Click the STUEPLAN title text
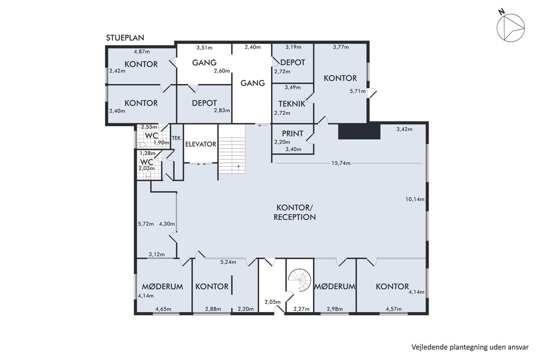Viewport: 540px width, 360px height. pyautogui.click(x=125, y=37)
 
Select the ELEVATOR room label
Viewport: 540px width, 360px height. pyautogui.click(x=201, y=144)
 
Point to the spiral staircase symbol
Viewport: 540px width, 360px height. pyautogui.click(x=300, y=280)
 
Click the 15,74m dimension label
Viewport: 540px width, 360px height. pyautogui.click(x=341, y=163)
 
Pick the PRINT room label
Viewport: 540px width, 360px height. pyautogui.click(x=292, y=134)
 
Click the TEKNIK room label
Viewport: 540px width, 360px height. pyautogui.click(x=292, y=104)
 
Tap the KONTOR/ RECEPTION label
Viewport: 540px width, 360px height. pyautogui.click(x=294, y=213)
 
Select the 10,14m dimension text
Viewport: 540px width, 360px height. pyautogui.click(x=415, y=199)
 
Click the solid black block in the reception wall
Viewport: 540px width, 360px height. pyautogui.click(x=359, y=132)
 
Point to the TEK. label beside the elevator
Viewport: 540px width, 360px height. pyautogui.click(x=177, y=138)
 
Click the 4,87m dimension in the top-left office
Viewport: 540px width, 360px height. pyautogui.click(x=142, y=52)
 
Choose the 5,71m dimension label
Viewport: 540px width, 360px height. pyautogui.click(x=358, y=91)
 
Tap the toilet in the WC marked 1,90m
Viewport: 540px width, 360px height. pyautogui.click(x=141, y=145)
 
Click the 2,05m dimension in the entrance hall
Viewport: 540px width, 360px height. pyautogui.click(x=272, y=302)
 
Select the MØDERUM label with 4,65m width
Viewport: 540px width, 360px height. pyautogui.click(x=162, y=287)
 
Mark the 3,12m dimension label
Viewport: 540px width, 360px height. pyautogui.click(x=157, y=254)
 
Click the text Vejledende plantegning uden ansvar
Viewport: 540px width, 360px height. pyautogui.click(x=470, y=348)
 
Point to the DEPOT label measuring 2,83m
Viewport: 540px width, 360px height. pyautogui.click(x=204, y=103)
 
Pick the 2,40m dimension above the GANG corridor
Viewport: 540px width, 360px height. pyautogui.click(x=253, y=47)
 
